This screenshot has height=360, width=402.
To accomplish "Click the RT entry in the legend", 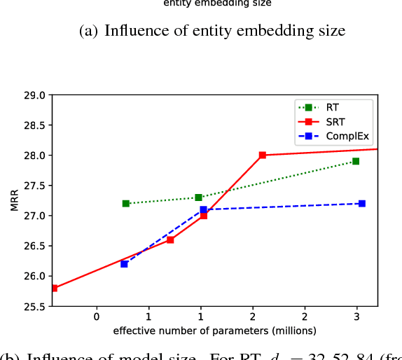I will coord(332,108).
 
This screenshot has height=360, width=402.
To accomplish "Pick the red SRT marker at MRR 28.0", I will coord(262,155).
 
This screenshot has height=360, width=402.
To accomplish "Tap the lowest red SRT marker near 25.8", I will coord(54,288).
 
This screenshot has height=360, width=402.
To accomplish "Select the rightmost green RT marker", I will coord(356,161).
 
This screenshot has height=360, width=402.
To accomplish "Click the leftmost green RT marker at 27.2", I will coord(126,203).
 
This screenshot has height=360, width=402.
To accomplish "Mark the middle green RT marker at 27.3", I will coord(198,198).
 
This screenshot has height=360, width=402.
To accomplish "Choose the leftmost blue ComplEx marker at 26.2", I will coord(124,264).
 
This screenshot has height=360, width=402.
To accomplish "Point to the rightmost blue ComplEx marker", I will coord(361,203).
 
